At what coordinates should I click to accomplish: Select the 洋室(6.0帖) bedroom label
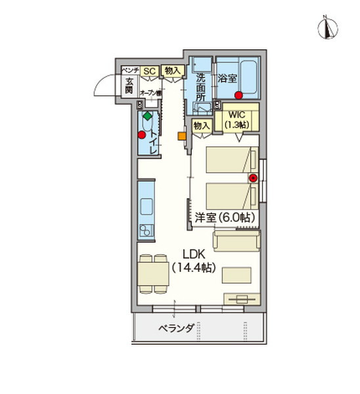[x=225, y=217]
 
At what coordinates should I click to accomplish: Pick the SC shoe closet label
[x=148, y=71]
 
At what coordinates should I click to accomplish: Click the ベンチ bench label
[x=129, y=70]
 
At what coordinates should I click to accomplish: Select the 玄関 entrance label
[x=129, y=85]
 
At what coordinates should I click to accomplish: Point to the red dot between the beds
[x=253, y=177]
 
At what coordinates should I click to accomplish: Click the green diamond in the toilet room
[x=148, y=116]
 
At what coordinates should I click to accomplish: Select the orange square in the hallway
[x=181, y=137]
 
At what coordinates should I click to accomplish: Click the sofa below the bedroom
[x=235, y=243]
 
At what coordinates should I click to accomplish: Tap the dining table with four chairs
[x=153, y=272]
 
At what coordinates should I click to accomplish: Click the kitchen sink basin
[x=146, y=230]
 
